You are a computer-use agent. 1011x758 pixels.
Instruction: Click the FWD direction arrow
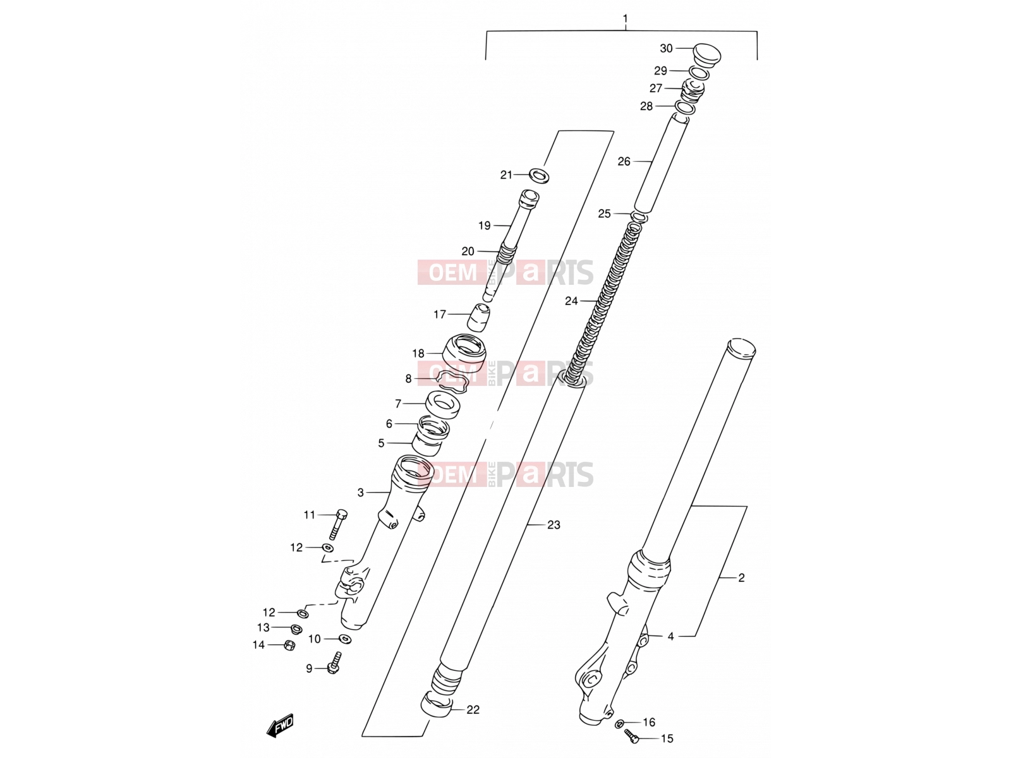[280, 726]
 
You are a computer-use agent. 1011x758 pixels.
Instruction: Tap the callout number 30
[666, 49]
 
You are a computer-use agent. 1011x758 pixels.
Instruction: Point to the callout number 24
[571, 301]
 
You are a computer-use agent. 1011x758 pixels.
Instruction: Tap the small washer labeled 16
[621, 723]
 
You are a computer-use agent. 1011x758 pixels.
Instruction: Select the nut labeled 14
[289, 645]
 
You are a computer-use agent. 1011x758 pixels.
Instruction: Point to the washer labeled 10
[345, 639]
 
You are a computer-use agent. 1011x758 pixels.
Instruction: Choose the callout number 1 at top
[625, 18]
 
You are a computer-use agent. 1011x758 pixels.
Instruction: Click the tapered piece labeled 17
[479, 317]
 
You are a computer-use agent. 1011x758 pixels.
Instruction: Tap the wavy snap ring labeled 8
[453, 381]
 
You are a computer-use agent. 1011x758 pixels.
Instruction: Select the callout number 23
[554, 525]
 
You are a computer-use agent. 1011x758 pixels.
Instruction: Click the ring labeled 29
[699, 73]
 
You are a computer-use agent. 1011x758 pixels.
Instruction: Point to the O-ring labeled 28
[686, 107]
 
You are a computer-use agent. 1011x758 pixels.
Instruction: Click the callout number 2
[741, 578]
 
